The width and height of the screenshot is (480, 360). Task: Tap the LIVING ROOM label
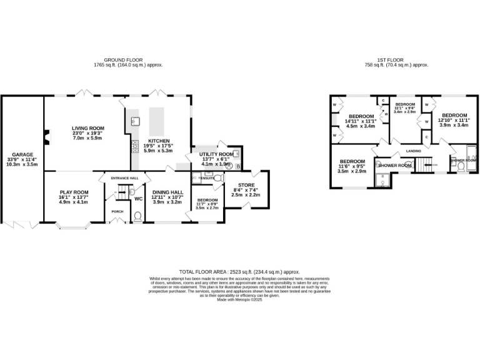pyautogui.click(x=87, y=128)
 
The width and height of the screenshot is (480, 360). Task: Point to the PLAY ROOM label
pyautogui.click(x=74, y=192)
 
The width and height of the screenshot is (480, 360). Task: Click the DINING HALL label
pyautogui.click(x=167, y=192)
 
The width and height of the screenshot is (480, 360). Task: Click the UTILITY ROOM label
pyautogui.click(x=216, y=154)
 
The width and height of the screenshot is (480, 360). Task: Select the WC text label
pyautogui.click(x=139, y=199)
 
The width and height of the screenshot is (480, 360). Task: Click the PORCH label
pyautogui.click(x=117, y=212)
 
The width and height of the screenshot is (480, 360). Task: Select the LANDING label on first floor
pyautogui.click(x=413, y=151)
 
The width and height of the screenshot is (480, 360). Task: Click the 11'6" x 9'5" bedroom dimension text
pyautogui.click(x=352, y=166)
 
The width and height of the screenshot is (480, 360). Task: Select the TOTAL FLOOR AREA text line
pyautogui.click(x=239, y=272)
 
